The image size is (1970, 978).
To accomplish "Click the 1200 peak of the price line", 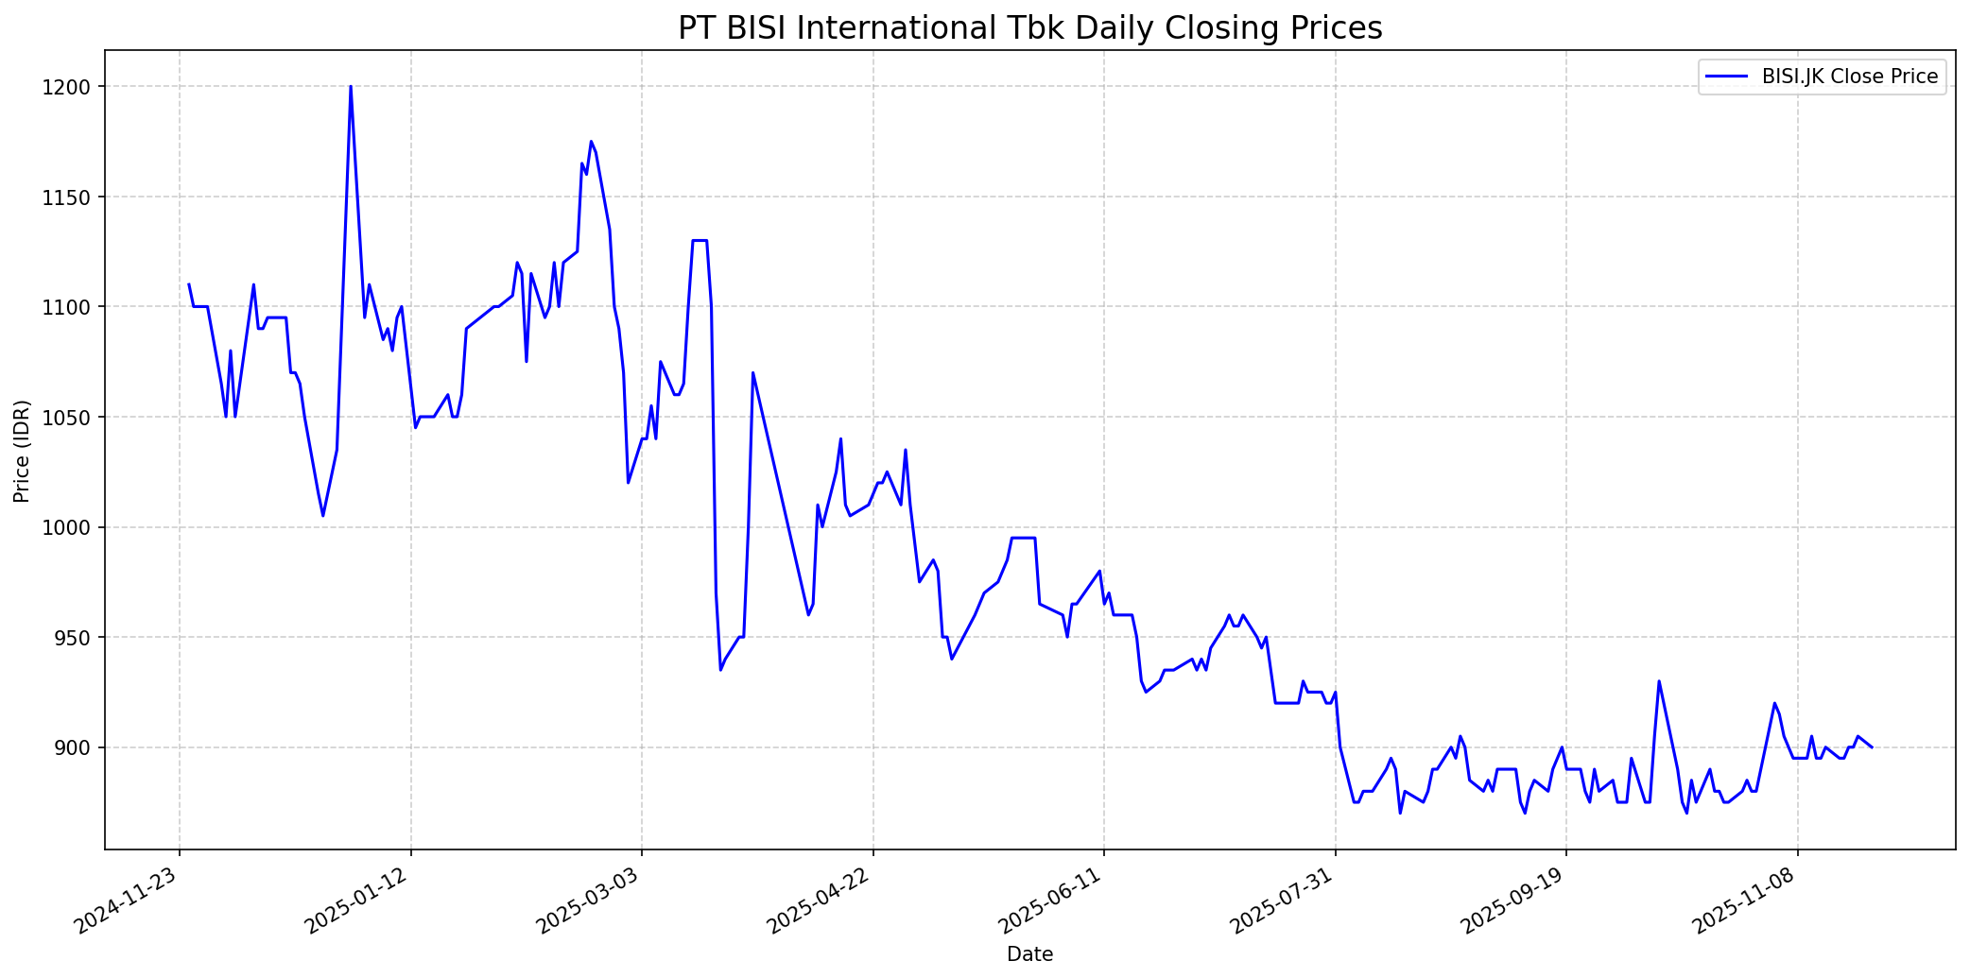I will pos(351,87).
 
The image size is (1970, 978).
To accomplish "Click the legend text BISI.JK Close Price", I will pos(1850,77).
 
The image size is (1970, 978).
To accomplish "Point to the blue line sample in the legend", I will pos(1726,77).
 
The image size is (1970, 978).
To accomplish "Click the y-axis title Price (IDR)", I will pos(22,451).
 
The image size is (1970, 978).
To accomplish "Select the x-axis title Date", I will pos(1029,954).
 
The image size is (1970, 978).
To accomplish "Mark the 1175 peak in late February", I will pos(591,142).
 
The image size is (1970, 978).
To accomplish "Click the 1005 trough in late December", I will pos(323,515).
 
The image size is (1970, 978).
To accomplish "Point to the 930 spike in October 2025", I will pos(1659,681).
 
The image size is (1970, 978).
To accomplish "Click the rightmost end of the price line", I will pos(1872,747).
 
